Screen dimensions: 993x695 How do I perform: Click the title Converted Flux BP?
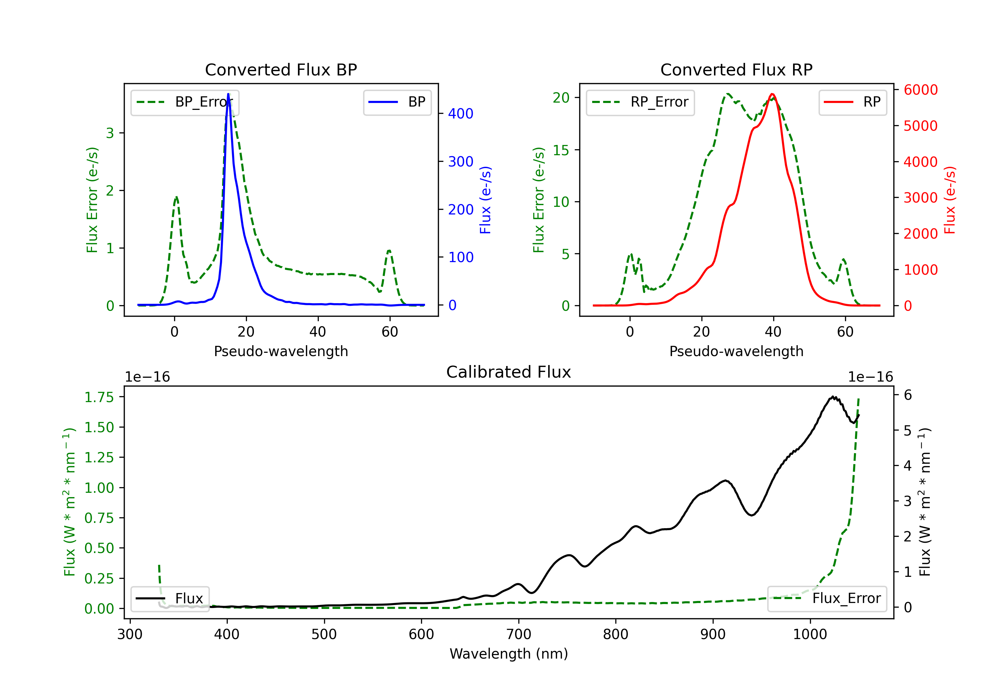281,69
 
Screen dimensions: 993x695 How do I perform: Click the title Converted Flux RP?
736,69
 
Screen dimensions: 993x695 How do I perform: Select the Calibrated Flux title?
509,372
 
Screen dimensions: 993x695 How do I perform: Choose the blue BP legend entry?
397,102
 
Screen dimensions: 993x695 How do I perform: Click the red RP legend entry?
852,102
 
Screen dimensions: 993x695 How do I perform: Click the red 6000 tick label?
921,90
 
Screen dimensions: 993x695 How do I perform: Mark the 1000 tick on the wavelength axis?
810,634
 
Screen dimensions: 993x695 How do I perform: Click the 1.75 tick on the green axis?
99,397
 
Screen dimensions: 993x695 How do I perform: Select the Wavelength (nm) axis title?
509,654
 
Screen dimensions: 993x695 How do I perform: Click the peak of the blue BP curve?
228,94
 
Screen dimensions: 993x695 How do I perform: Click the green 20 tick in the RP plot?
561,98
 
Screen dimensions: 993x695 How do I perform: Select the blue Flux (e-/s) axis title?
485,200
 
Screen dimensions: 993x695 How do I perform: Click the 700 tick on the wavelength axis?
519,634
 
